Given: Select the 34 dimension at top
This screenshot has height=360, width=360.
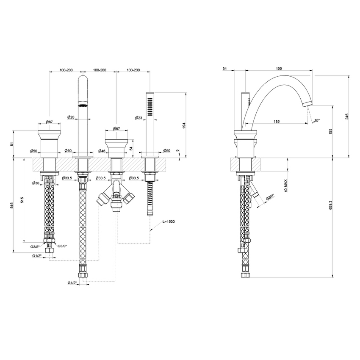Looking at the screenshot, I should (x=225, y=68).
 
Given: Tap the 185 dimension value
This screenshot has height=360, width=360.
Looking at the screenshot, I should (x=276, y=122).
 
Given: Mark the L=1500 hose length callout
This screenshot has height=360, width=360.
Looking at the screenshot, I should (x=168, y=222).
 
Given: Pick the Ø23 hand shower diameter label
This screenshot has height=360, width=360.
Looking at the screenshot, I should (x=138, y=118).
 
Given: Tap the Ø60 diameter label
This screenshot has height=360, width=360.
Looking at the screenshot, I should (x=68, y=151).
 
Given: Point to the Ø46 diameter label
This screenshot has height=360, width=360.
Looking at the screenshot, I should (x=102, y=151).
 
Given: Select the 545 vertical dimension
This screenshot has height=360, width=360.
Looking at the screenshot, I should (x=12, y=205).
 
